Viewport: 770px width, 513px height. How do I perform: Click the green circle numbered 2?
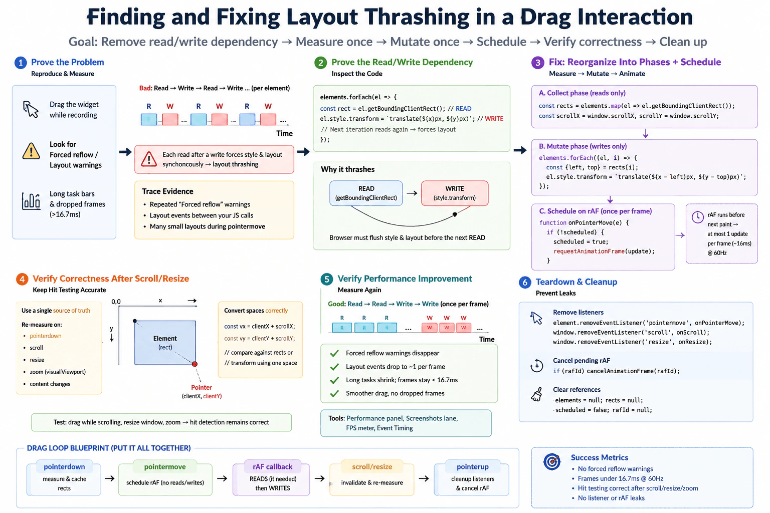(x=320, y=63)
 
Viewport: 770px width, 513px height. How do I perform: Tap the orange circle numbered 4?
(x=22, y=279)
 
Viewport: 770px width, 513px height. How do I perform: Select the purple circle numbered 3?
(x=537, y=63)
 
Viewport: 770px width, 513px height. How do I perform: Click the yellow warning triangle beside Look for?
(x=31, y=151)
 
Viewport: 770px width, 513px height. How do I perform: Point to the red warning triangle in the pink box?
(x=149, y=159)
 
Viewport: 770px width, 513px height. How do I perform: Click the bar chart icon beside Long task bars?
(x=31, y=201)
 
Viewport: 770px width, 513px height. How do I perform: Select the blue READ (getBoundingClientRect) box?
(x=366, y=193)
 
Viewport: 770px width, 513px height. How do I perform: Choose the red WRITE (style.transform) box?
(x=455, y=193)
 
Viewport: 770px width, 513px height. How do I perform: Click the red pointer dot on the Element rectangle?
(x=195, y=364)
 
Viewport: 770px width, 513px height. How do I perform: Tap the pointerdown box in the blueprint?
(x=64, y=478)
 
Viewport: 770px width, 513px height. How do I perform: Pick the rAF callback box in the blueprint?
(x=272, y=478)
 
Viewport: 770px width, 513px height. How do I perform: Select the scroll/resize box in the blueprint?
(x=371, y=478)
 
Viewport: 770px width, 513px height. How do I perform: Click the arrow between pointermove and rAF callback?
(x=222, y=478)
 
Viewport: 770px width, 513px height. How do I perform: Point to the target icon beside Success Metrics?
(x=552, y=461)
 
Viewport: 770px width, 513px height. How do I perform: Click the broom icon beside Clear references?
(x=536, y=394)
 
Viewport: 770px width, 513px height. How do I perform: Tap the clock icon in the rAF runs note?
(x=697, y=217)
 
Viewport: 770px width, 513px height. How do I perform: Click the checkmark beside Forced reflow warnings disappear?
(x=334, y=353)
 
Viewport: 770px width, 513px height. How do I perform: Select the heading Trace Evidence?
(x=168, y=191)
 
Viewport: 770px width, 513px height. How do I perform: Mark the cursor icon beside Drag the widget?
(x=31, y=109)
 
